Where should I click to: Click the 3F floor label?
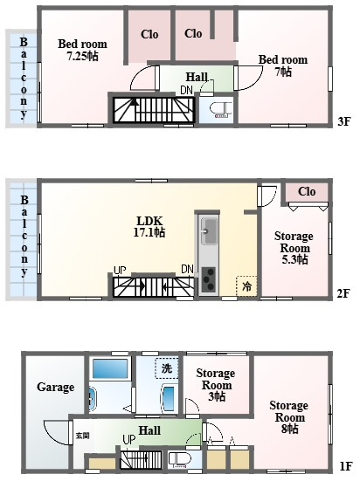point(343,122)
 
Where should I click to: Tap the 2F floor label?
point(343,293)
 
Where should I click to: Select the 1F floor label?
point(345,466)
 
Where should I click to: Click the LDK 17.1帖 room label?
point(149,227)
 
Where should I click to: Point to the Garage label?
point(56,387)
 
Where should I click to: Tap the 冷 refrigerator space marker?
point(246,286)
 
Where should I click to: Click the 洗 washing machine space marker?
point(167,368)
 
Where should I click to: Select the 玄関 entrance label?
point(83,436)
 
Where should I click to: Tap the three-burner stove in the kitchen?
point(208,279)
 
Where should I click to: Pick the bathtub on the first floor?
point(110,368)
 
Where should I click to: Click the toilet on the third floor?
point(219,110)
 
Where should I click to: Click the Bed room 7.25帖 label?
point(83,50)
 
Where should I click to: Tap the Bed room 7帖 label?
point(283,65)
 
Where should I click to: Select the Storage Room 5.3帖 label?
point(294,248)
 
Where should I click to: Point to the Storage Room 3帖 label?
point(216,385)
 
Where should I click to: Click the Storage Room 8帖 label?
point(289,417)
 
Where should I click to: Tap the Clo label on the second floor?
point(307,192)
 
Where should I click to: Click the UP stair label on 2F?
point(120,271)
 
